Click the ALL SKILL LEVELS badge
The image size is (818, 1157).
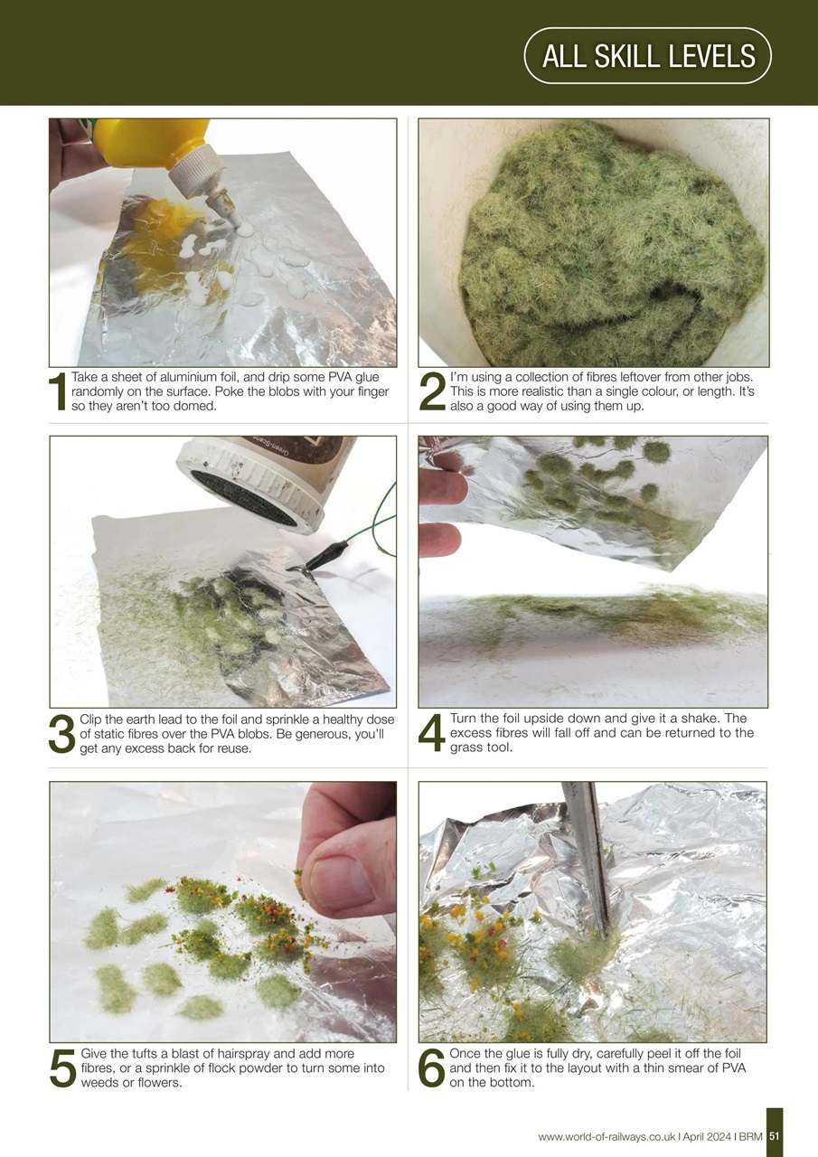point(647,56)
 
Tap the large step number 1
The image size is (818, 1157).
point(59,392)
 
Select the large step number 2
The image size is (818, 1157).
point(432,392)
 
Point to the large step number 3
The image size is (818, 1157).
point(62,733)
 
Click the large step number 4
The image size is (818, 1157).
point(432,733)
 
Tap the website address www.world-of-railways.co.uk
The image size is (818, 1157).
point(606,1136)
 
